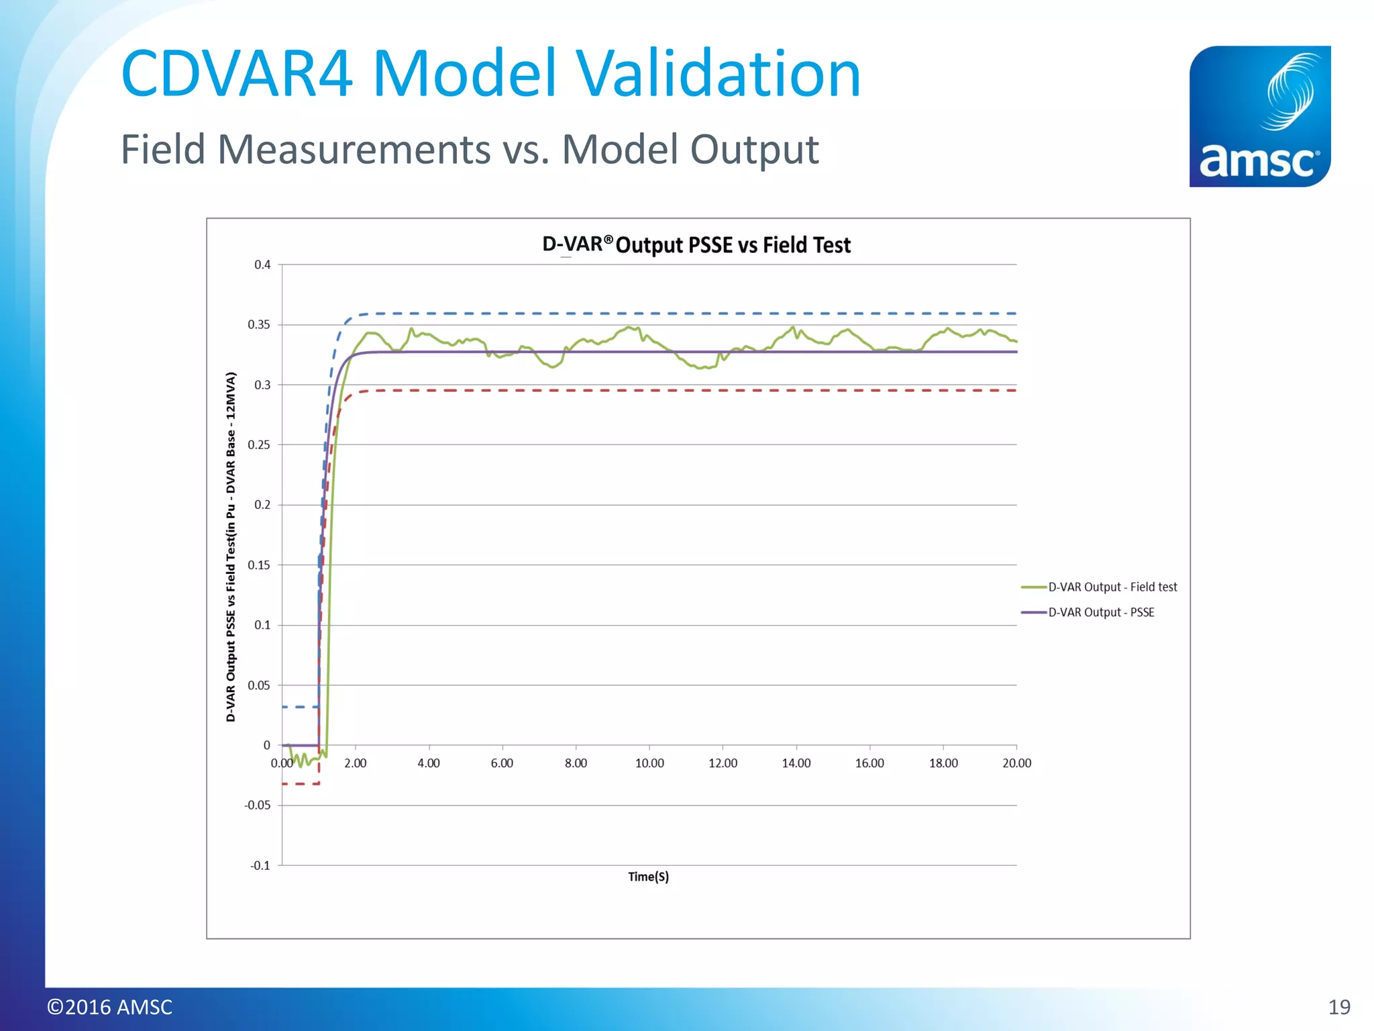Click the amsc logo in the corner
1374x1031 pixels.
(x=1259, y=116)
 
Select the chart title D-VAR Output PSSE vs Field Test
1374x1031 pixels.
(x=696, y=245)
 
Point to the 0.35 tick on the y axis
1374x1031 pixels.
(x=259, y=325)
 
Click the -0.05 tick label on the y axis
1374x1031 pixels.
(x=258, y=805)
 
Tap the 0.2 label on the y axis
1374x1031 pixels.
(x=262, y=505)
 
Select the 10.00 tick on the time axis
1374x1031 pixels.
(x=649, y=763)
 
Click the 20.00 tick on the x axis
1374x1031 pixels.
(x=1016, y=763)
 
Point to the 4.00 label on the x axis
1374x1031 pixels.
(x=429, y=763)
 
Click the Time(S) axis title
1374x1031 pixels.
(x=648, y=877)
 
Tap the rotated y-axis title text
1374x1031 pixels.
(x=231, y=547)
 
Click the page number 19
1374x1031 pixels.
(x=1339, y=1007)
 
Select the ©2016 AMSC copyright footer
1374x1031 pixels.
(x=109, y=1007)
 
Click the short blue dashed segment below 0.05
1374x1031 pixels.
(x=299, y=707)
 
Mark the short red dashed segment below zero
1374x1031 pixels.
(x=300, y=784)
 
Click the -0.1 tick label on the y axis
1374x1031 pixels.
(x=260, y=866)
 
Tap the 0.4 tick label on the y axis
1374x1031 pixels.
(x=262, y=265)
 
